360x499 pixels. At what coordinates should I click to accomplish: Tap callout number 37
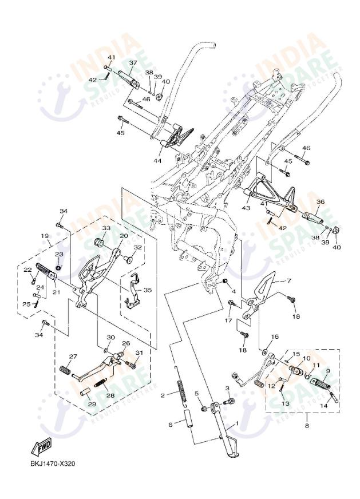coord(133,63)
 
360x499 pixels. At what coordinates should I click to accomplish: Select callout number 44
coord(157,161)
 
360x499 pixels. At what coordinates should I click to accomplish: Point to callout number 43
coord(246,208)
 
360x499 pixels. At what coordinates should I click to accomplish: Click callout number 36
coord(320,201)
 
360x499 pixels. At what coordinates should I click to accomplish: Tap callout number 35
coord(147,290)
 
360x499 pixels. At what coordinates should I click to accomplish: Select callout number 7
coord(289,281)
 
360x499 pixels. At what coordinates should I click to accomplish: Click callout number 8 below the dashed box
coord(307,426)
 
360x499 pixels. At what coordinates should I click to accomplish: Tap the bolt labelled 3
coord(231,404)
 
